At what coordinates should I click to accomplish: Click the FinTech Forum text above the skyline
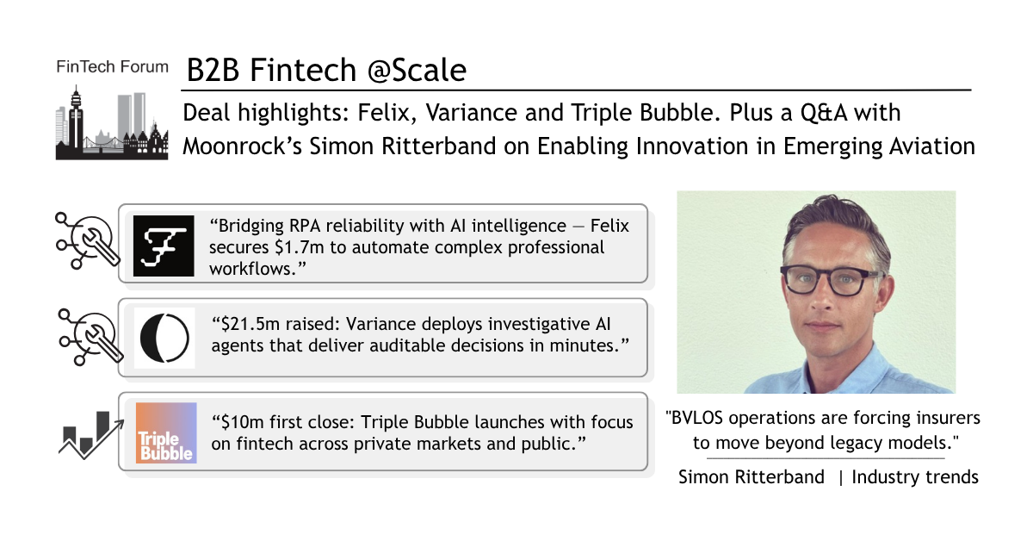point(112,67)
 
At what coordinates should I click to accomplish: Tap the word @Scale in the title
point(417,70)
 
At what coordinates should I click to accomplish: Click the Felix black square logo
point(164,246)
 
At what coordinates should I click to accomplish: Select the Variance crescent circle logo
point(164,338)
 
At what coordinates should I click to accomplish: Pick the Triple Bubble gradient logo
point(166,432)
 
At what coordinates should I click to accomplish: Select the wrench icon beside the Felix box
point(88,240)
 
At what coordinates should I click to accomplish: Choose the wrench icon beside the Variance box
point(91,337)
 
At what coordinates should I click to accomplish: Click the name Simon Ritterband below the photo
point(752,477)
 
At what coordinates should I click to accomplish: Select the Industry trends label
point(915,477)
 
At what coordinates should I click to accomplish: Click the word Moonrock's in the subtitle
point(243,146)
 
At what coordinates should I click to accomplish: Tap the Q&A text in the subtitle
point(825,113)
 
